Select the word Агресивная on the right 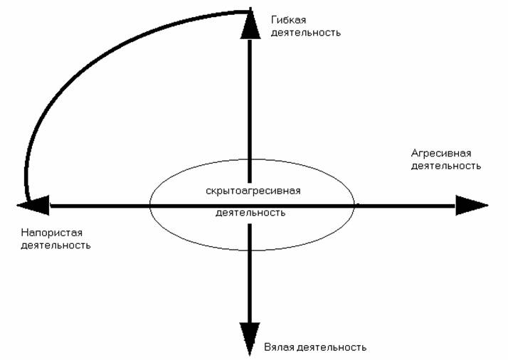(441, 153)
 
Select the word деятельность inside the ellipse (250, 212)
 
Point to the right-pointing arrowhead (470, 206)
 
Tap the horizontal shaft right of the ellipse (406, 206)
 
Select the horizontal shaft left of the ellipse (100, 206)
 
